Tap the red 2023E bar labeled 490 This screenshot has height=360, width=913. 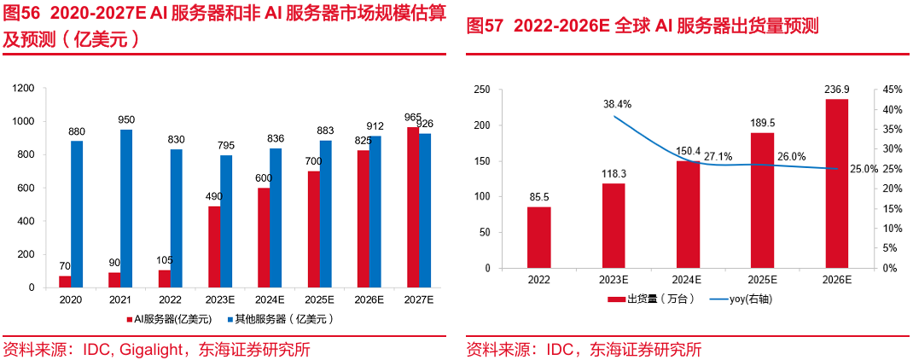coord(214,247)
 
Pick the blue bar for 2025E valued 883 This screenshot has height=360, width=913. coord(325,213)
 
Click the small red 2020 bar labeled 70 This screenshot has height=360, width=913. coord(66,282)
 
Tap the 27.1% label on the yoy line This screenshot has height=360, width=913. coord(718,157)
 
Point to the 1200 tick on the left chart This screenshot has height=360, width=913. coord(23,88)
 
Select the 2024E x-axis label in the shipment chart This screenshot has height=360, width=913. coord(687,279)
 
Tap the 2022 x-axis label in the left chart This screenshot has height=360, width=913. coord(170,299)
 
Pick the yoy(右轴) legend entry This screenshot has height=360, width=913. coord(751,299)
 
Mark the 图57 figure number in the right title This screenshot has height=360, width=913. coord(486,26)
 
